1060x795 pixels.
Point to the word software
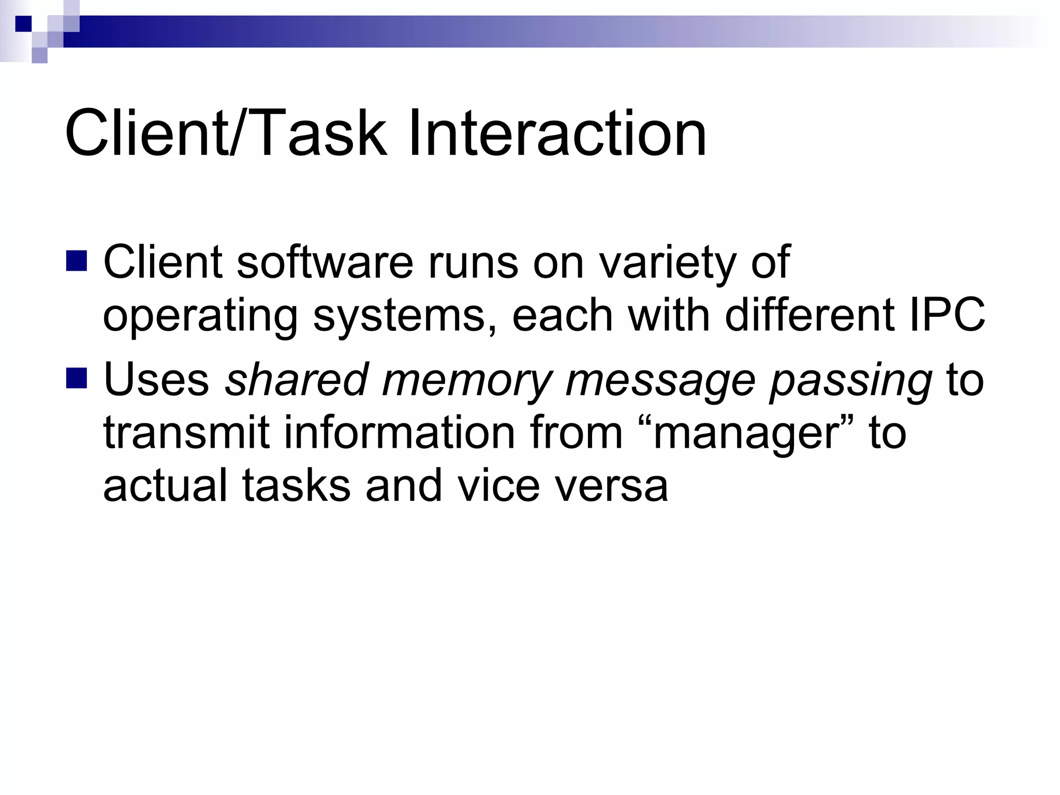[326, 262]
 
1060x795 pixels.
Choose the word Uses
[156, 380]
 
